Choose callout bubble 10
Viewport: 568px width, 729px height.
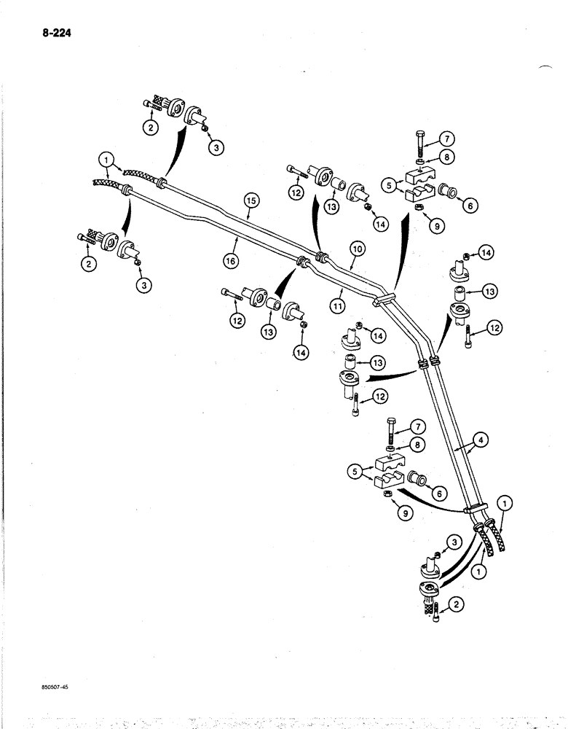coord(358,249)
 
